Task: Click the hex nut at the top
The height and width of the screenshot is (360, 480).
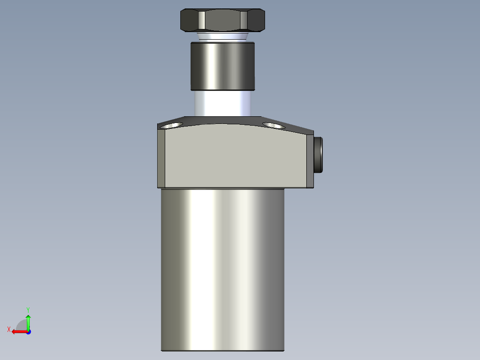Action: [222, 20]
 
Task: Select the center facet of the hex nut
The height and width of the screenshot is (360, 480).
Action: [221, 20]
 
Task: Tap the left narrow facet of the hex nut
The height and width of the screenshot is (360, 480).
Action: [202, 20]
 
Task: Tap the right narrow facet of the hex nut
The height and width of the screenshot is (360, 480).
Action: [244, 20]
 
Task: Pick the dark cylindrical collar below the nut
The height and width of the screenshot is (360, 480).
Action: [222, 66]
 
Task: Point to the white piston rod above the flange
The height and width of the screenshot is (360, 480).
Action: [222, 103]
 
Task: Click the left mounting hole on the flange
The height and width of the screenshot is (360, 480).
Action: [172, 125]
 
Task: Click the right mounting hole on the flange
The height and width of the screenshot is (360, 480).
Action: [273, 126]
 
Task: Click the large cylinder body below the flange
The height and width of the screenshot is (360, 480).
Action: [222, 267]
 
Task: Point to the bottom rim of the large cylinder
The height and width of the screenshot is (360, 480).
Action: [222, 350]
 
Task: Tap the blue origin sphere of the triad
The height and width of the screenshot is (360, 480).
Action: [28, 331]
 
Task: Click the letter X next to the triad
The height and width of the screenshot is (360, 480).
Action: [9, 329]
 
